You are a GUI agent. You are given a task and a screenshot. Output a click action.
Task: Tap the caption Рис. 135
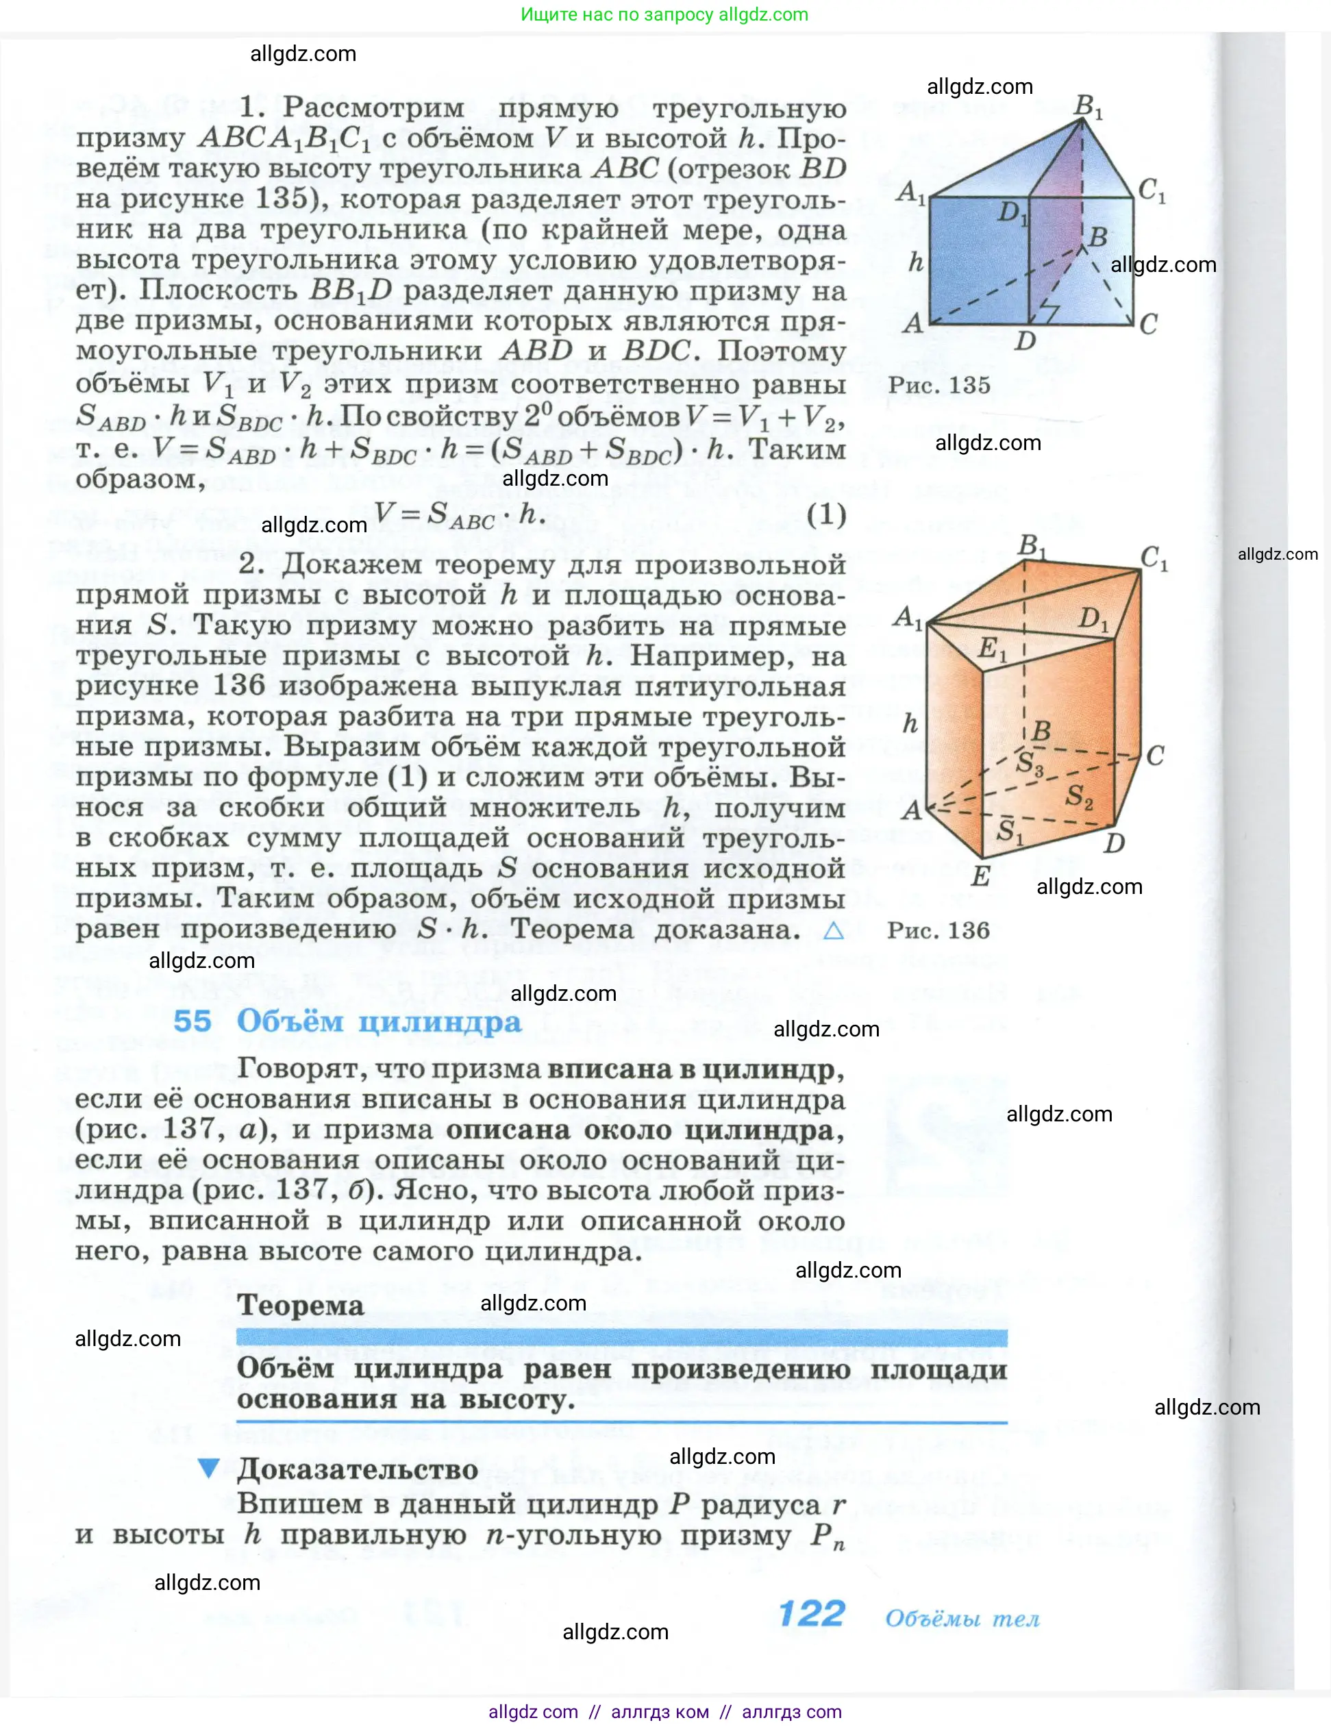point(938,386)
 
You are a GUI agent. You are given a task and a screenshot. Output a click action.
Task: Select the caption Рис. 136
point(938,930)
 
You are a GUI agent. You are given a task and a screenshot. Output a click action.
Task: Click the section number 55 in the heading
point(192,1021)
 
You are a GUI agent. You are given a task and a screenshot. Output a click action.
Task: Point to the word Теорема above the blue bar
point(301,1305)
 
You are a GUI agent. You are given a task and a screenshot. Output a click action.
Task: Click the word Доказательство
point(358,1469)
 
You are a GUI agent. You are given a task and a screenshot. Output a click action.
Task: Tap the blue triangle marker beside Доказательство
point(208,1469)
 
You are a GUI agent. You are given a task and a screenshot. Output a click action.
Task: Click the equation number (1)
point(826,515)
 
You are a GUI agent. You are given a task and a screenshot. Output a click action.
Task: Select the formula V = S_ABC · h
point(459,515)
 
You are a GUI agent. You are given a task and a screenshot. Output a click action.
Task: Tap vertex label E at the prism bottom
point(980,876)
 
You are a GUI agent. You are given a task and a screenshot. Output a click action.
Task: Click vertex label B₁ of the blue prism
point(1088,105)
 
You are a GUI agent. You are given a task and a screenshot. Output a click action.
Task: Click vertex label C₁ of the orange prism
point(1154,558)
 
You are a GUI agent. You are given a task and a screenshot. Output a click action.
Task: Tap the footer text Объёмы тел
point(962,1619)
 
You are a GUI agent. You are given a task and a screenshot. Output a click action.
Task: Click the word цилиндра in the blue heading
point(440,1022)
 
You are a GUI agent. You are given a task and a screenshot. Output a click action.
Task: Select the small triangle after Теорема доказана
point(834,930)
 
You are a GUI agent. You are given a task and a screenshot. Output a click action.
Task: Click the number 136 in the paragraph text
point(238,686)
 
